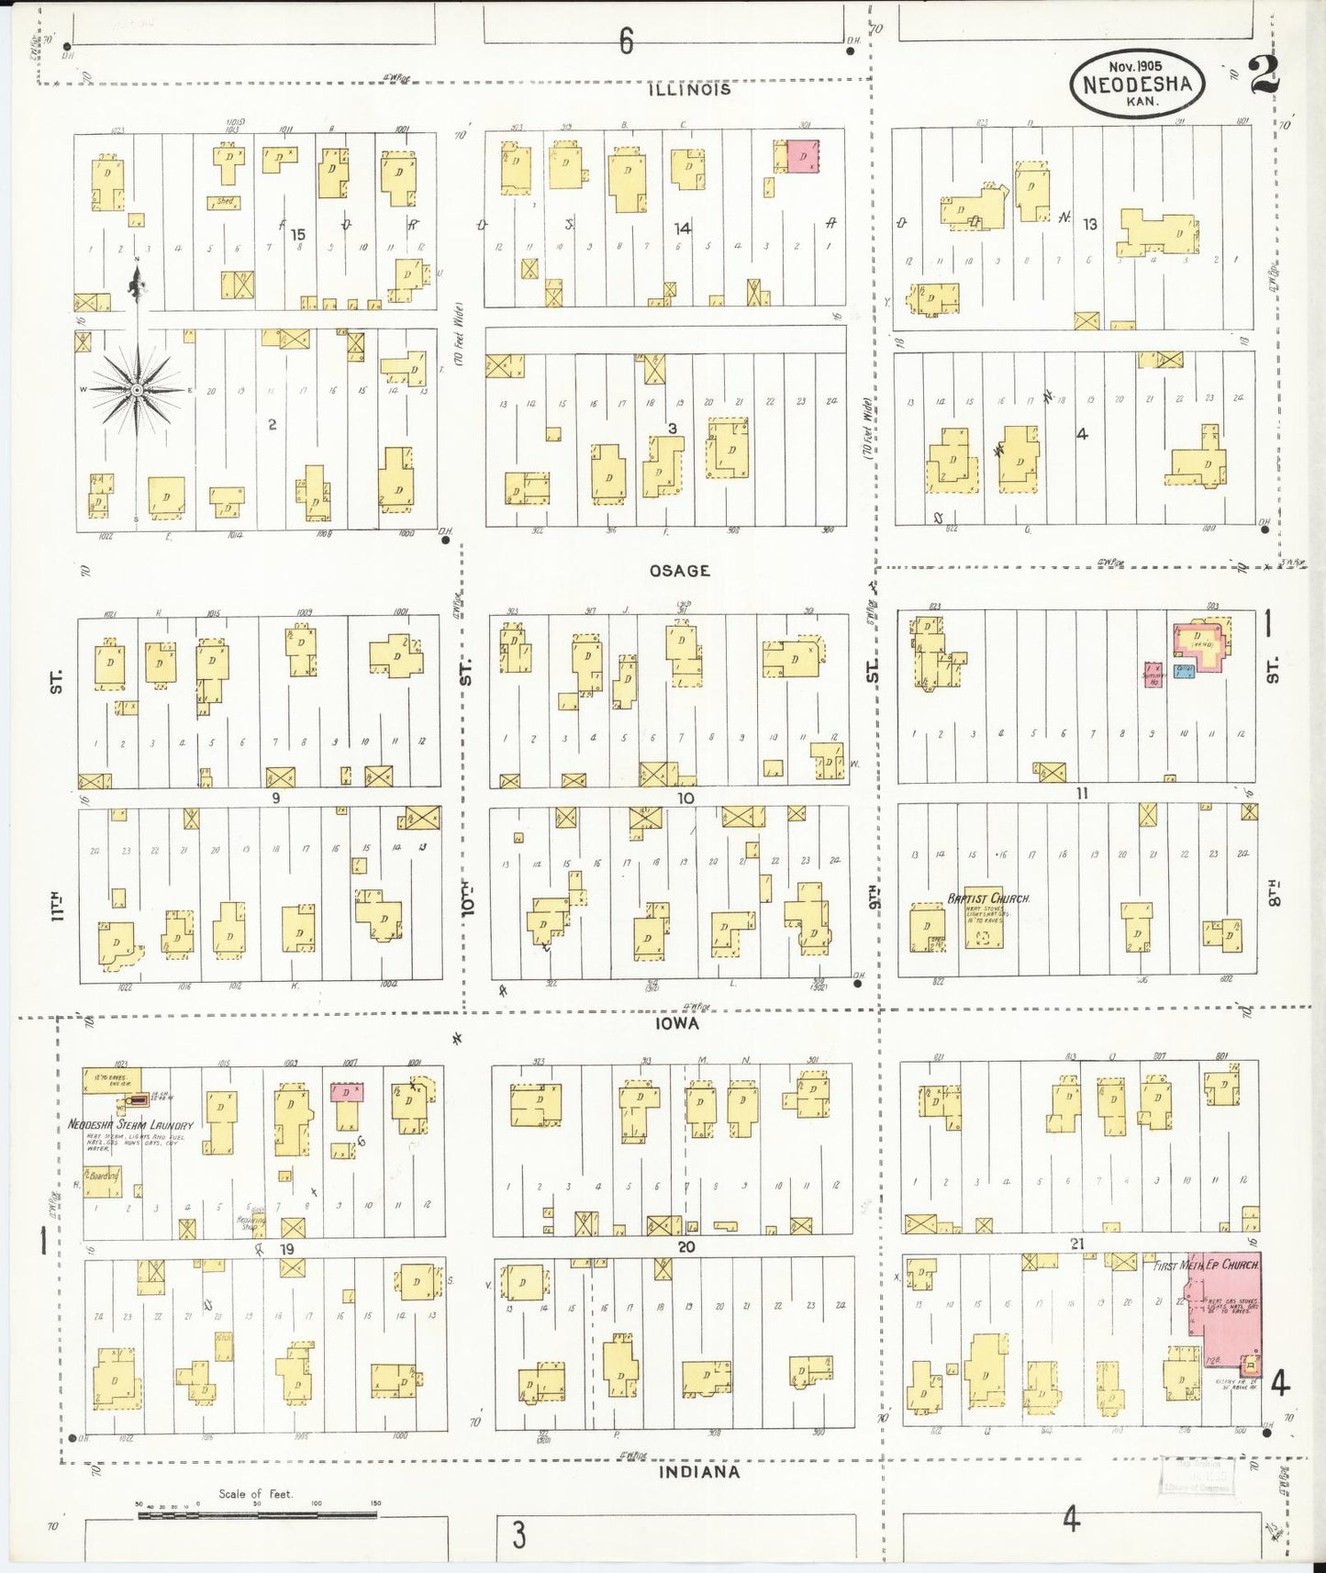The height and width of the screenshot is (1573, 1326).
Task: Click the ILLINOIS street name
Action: click(689, 89)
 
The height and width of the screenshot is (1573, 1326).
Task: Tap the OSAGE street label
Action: click(679, 571)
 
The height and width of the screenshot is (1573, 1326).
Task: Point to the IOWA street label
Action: click(677, 1023)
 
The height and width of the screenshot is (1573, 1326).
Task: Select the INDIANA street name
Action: click(699, 1472)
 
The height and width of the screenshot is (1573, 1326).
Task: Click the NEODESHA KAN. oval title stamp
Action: click(1137, 84)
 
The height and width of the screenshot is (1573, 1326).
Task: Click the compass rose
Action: click(137, 390)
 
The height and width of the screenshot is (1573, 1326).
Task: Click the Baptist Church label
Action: click(988, 898)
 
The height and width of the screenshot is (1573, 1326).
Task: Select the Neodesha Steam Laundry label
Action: click(130, 1124)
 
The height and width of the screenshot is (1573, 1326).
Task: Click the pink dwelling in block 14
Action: click(803, 156)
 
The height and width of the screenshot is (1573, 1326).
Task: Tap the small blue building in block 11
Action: click(1184, 671)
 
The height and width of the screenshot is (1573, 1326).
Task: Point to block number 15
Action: click(297, 235)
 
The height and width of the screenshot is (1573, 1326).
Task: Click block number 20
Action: click(686, 1246)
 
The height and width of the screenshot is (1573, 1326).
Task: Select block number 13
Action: click(1089, 224)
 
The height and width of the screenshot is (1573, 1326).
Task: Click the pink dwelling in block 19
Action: click(346, 1092)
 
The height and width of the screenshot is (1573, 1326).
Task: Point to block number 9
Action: click(275, 798)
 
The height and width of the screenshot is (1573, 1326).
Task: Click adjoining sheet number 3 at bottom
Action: click(518, 1534)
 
